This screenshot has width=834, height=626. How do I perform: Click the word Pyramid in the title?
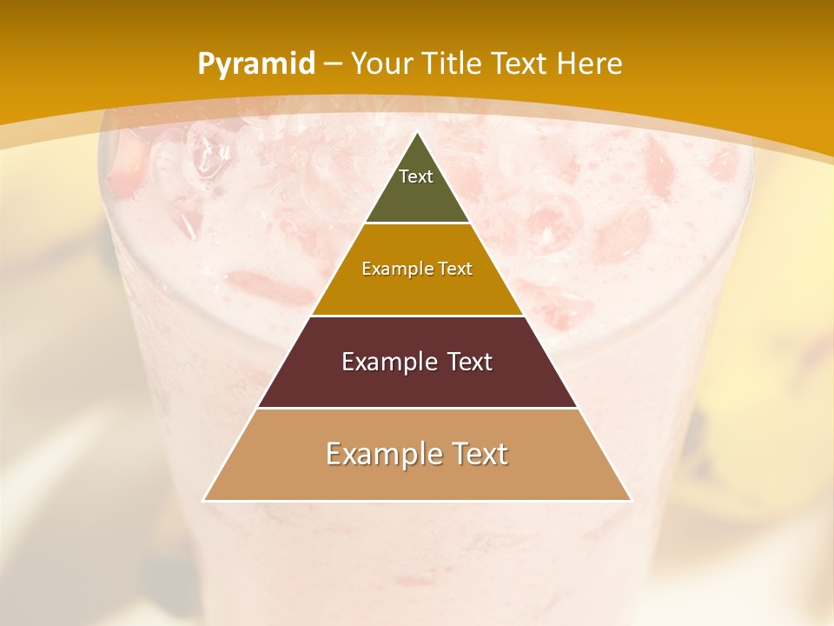pos(255,64)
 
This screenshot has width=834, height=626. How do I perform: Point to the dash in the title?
pos(333,64)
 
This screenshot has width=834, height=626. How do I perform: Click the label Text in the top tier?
pos(416,176)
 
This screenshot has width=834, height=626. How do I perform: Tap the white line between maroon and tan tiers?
pos(417,408)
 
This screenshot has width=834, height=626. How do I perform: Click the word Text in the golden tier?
pos(456,270)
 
